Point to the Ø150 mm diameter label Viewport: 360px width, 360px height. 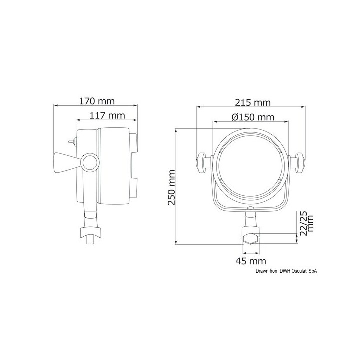coord(253,117)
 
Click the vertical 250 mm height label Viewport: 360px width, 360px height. coord(171,187)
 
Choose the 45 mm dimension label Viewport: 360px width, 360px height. coord(251,261)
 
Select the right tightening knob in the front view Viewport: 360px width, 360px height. coord(300,163)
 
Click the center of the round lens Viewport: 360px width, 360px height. coord(251,165)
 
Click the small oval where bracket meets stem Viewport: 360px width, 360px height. coord(251,210)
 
